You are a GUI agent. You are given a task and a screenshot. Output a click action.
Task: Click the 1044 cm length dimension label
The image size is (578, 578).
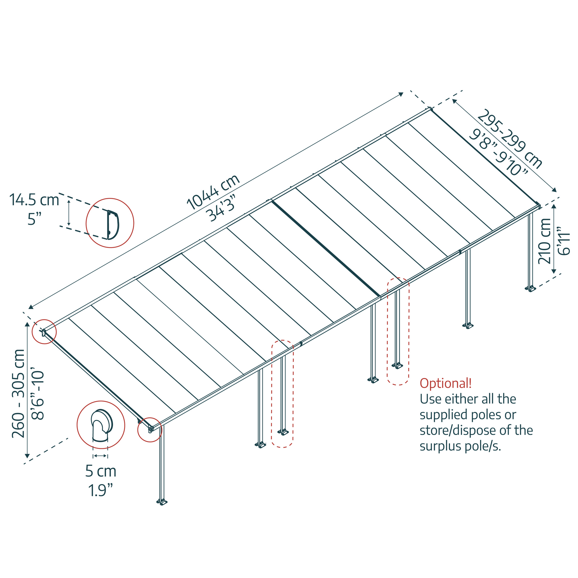coord(213,192)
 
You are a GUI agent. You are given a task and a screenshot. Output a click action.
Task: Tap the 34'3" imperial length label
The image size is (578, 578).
coord(221,208)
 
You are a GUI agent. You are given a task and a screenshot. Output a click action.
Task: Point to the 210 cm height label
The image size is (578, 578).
coord(544,241)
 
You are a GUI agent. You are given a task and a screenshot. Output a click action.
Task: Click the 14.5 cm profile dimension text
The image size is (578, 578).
coord(34,200)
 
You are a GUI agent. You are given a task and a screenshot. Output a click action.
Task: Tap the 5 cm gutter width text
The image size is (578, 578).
coord(101,471)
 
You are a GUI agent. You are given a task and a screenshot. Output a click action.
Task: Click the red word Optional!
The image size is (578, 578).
coord(445,383)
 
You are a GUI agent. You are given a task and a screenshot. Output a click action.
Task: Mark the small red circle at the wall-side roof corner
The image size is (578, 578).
coord(44,331)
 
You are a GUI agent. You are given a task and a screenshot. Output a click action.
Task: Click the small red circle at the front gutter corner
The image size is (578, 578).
coord(150,430)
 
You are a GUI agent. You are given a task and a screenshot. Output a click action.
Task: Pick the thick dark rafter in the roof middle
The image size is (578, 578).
coord(326,249)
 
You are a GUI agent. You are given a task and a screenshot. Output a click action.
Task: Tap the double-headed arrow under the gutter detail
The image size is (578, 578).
coord(100,456)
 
